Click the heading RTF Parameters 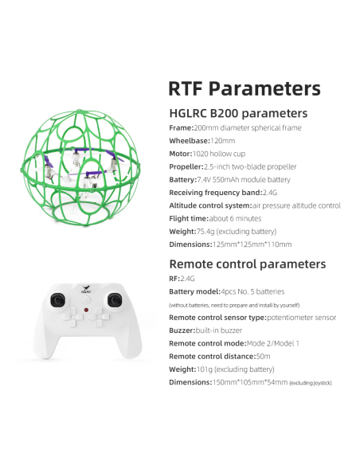tap(245, 88)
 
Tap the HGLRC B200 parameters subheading tap(238, 113)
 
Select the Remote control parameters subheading tap(248, 264)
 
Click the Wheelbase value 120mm tap(223, 141)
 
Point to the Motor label tap(181, 154)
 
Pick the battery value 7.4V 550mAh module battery tap(244, 180)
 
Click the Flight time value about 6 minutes tap(235, 218)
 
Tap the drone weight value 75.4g tap(205, 232)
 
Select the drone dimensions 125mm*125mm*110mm tap(252, 244)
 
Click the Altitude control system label tap(210, 205)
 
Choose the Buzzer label tap(182, 330)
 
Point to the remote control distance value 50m tap(263, 356)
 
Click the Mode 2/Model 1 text tap(273, 343)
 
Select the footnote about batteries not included tap(234, 305)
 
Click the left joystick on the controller tap(58, 300)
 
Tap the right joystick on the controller tap(114, 300)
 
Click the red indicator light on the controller tap(86, 311)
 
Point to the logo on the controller tap(86, 289)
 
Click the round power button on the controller tap(86, 300)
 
